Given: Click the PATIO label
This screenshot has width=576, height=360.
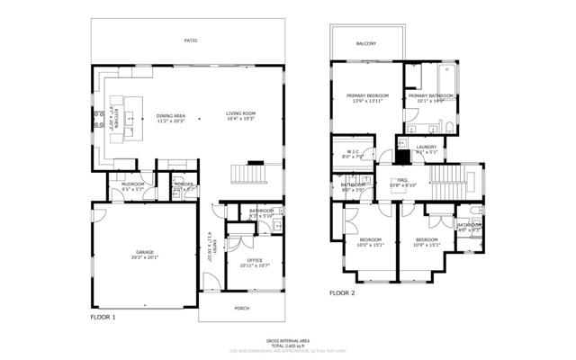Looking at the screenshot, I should click(x=190, y=40).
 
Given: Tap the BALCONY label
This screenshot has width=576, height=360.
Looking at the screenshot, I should click(x=366, y=43).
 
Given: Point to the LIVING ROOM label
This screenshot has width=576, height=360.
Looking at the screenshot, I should click(x=242, y=113).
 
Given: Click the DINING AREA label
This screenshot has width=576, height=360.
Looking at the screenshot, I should click(x=171, y=116).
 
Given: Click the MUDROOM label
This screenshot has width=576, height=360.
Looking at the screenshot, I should click(x=121, y=186).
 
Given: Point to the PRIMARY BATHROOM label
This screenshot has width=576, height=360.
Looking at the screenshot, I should click(x=428, y=97).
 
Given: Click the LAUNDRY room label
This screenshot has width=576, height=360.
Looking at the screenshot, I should click(x=426, y=148).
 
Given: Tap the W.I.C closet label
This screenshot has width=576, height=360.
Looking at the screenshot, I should click(x=354, y=153).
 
